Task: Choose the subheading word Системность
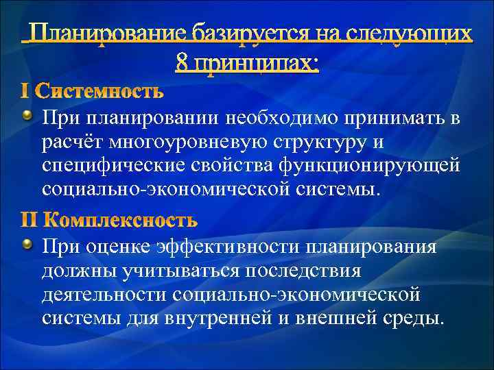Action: pos(100,90)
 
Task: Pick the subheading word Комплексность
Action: pos(120,220)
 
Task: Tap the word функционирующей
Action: pos(371,165)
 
